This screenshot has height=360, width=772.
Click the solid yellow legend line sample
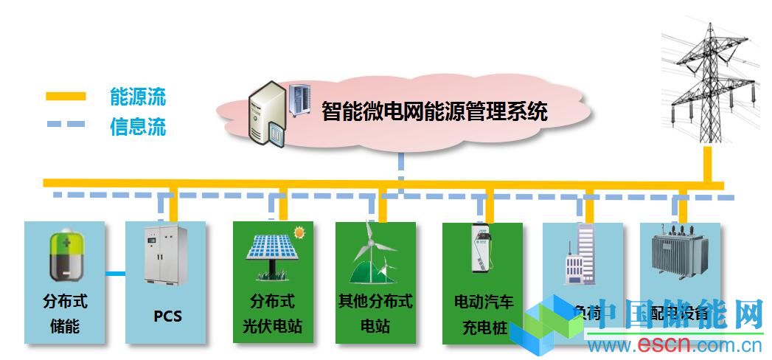[x=66, y=96]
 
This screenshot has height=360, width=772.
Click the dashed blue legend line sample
[x=66, y=124]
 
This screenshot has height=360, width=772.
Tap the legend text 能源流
[x=138, y=96]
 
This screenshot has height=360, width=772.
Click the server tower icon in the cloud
[x=266, y=113]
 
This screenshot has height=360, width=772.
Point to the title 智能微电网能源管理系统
[x=434, y=112]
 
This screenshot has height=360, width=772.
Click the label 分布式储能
[x=65, y=313]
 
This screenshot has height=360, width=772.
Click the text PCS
[x=167, y=316]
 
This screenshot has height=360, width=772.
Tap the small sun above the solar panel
[x=299, y=232]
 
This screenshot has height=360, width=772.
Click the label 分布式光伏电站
[x=272, y=314]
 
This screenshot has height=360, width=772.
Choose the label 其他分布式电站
[x=375, y=313]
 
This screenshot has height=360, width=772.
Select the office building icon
[x=580, y=255]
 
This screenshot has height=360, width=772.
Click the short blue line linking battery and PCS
[x=115, y=274]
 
